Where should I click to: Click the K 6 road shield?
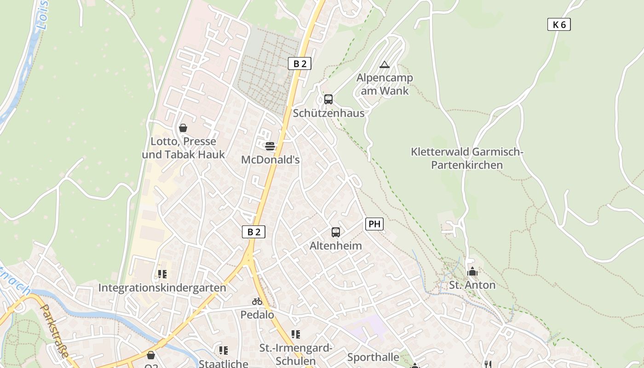559,25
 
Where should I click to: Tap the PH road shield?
374,224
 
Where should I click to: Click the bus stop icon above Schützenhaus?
328,99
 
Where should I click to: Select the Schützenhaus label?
328,113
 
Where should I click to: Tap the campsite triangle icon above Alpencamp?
385,65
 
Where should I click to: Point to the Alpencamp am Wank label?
385,84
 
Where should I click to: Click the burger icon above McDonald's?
270,146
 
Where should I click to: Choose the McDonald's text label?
270,160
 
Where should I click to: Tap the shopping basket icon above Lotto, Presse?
183,128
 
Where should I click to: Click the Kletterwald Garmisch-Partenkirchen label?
467,158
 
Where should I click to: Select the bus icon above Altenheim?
336,232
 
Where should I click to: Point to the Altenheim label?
336,246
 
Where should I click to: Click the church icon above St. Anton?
472,272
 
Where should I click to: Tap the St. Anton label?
472,285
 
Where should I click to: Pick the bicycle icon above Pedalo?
257,302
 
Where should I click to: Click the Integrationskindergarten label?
162,288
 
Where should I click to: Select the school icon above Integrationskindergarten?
162,274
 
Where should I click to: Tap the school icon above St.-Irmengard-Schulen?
295,334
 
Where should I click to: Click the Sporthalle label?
373,357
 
